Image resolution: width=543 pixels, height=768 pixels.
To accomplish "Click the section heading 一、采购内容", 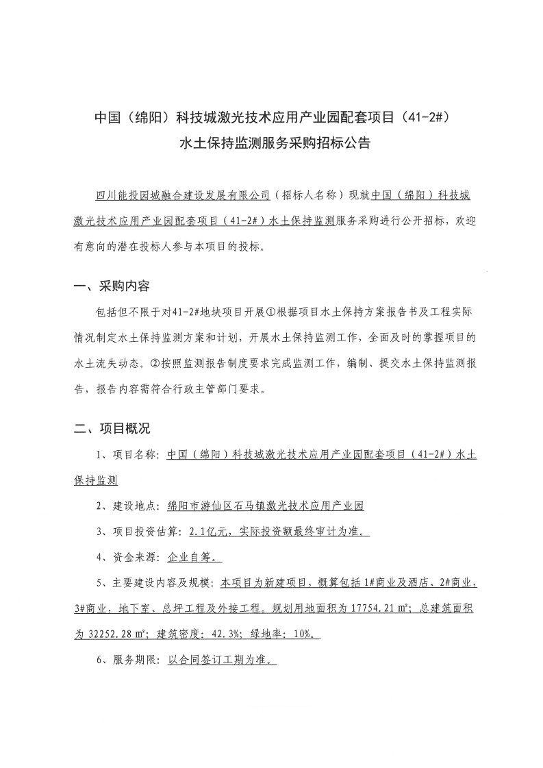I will pyautogui.click(x=112, y=286).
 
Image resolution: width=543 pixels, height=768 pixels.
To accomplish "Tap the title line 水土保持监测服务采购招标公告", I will pyautogui.click(x=274, y=144).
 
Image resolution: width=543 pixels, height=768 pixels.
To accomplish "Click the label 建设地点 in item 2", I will pyautogui.click(x=132, y=506).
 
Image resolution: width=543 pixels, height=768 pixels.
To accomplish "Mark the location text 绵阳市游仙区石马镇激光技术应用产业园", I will pyautogui.click(x=265, y=506).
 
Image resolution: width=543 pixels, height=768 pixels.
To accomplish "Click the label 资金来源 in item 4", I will pyautogui.click(x=132, y=558).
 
